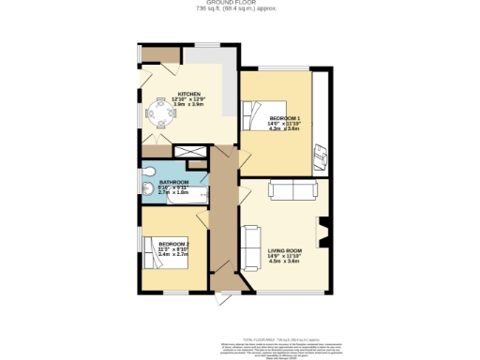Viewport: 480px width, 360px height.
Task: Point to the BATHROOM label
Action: pos(173,181)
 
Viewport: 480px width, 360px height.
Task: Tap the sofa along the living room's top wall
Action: pos(292,191)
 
